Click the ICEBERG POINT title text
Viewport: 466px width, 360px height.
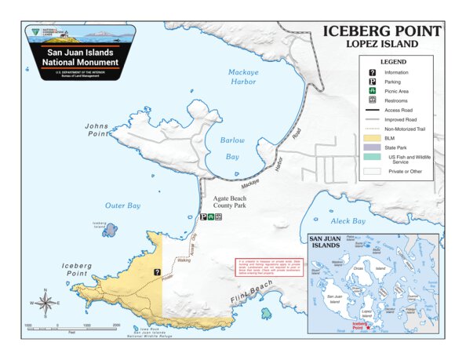(382, 31)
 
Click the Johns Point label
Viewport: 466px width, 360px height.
(97, 129)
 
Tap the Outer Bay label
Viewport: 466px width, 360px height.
(122, 205)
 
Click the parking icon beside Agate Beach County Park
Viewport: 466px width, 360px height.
(202, 216)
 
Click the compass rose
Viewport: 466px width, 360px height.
(46, 302)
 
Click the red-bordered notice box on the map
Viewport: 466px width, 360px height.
(268, 268)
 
